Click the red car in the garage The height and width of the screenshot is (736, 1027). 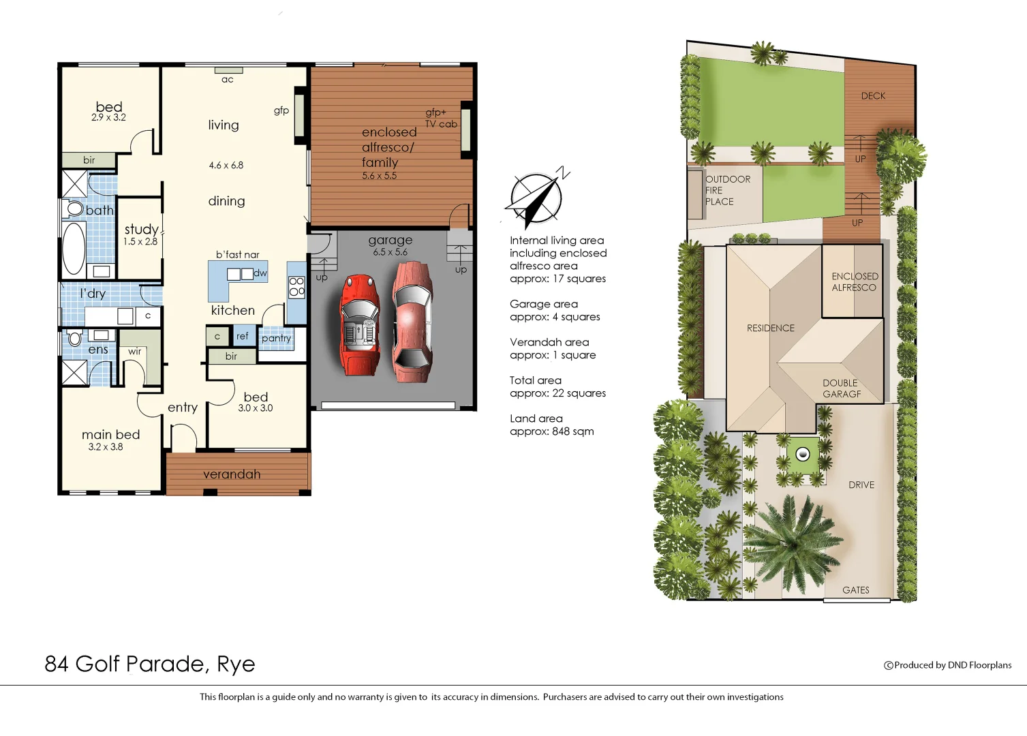coord(361,324)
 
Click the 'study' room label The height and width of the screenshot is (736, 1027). coord(141,230)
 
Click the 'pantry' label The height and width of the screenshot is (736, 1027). coord(276,338)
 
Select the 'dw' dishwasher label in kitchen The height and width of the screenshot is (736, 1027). coord(260,273)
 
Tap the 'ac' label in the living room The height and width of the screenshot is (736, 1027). coord(228,80)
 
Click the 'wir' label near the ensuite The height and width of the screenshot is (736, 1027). coord(135,352)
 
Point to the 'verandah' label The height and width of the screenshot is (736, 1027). coord(232,474)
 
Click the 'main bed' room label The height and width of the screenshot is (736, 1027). coord(110,435)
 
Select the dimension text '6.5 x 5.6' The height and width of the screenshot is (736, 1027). coord(390,252)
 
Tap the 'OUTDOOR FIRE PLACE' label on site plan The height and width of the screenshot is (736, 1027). coord(727,190)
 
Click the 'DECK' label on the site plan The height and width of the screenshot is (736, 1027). coord(873,96)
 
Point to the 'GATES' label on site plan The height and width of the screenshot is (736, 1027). coord(855,590)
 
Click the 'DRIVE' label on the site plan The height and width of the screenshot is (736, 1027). coord(861,485)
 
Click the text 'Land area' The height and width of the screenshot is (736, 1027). coord(536,418)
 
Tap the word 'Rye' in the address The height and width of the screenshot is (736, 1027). coord(236,664)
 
